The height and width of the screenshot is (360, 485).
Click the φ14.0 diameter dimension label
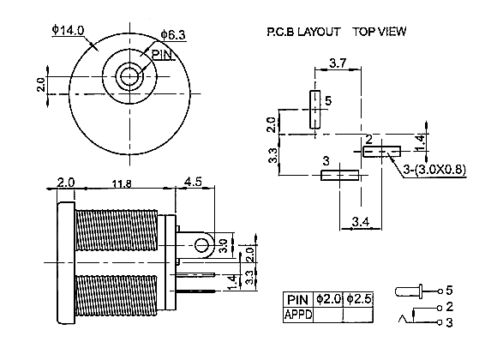tap(68, 30)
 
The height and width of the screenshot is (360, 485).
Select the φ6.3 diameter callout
tap(173, 34)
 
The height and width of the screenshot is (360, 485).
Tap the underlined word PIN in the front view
tap(162, 55)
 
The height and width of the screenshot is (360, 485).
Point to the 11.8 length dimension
tap(122, 184)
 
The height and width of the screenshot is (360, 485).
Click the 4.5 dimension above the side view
tap(193, 182)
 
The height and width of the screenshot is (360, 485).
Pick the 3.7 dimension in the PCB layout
tap(338, 63)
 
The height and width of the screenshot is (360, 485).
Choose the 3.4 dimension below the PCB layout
tap(361, 222)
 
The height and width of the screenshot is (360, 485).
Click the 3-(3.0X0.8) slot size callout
tap(434, 170)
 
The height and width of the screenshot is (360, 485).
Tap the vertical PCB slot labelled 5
tap(315, 109)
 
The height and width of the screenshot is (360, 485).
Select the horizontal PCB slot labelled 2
tap(381, 152)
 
